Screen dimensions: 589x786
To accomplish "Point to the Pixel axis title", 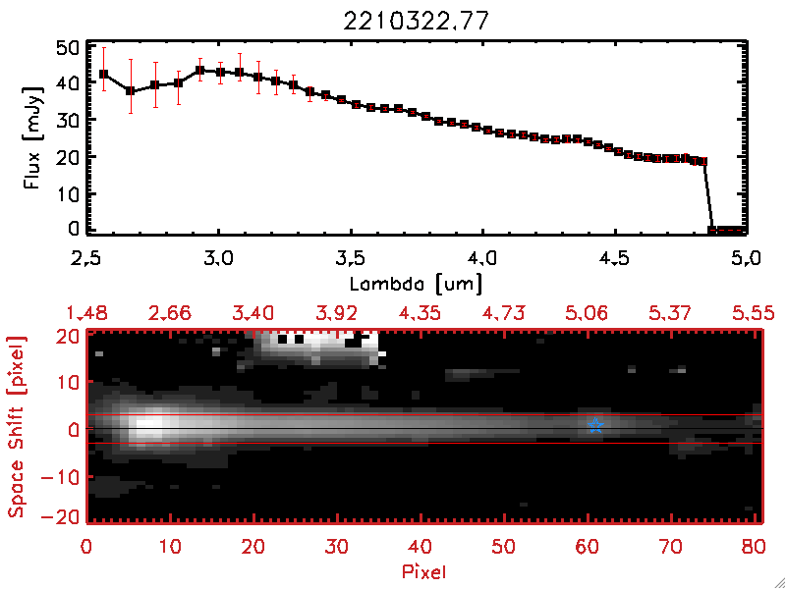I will coord(424,568).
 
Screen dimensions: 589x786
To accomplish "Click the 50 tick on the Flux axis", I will coord(67,48).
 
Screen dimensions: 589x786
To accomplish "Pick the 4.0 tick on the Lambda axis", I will coord(480,258).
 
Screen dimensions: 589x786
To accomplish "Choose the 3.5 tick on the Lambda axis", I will coord(350,258).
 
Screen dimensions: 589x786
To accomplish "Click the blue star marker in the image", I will coord(595,425).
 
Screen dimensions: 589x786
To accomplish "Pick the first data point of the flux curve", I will coord(103,74).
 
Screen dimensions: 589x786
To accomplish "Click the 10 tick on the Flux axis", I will coord(67,193).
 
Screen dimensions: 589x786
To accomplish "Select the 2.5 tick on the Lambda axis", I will coord(88,258).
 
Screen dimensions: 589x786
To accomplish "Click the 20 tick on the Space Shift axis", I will coord(69,336).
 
